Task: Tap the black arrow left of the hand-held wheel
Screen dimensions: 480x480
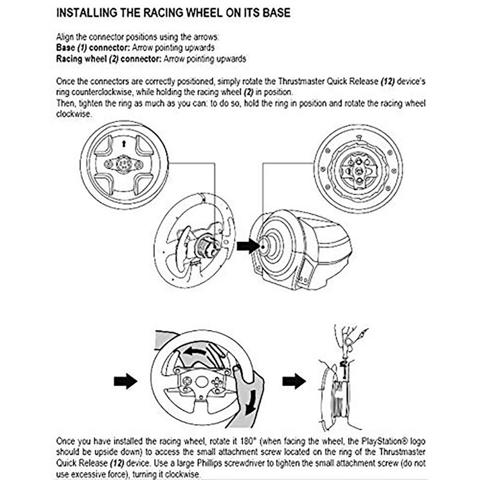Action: (x=125, y=380)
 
